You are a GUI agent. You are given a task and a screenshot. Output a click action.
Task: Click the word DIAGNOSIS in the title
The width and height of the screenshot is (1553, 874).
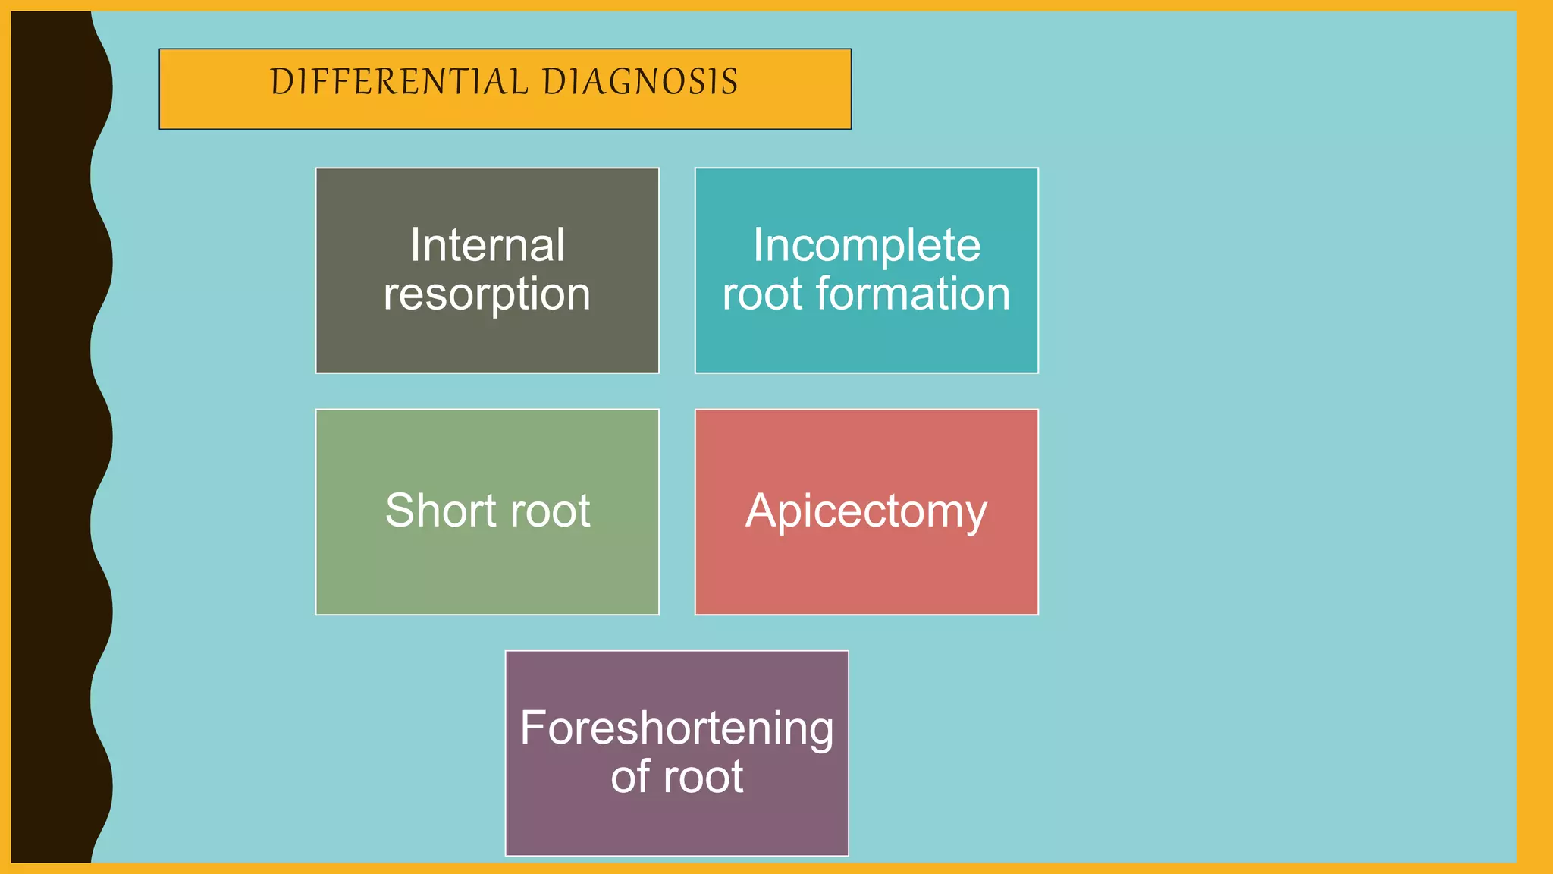pos(640,82)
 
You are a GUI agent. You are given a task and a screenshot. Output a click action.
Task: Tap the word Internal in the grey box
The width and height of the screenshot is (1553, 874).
pos(487,245)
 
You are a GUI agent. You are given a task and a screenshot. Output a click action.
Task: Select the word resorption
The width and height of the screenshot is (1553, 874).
pos(487,294)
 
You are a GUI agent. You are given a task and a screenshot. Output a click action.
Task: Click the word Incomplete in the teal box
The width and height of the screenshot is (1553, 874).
pos(867,245)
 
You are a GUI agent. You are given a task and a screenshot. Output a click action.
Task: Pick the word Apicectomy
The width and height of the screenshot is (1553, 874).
pos(867,511)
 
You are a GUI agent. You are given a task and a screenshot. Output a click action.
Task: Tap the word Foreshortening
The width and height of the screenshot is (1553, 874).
pos(676,728)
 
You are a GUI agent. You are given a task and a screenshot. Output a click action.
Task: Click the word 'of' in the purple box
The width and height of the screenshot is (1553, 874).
pos(631,777)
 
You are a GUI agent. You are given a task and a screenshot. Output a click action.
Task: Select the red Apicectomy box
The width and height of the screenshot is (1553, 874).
pos(867,569)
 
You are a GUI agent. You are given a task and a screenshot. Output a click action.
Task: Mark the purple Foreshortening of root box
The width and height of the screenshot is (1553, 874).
pos(676,827)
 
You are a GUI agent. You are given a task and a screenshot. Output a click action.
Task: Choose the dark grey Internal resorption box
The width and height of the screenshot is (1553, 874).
pos(487,341)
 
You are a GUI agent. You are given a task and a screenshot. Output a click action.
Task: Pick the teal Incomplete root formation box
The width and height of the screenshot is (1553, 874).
pos(867,341)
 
